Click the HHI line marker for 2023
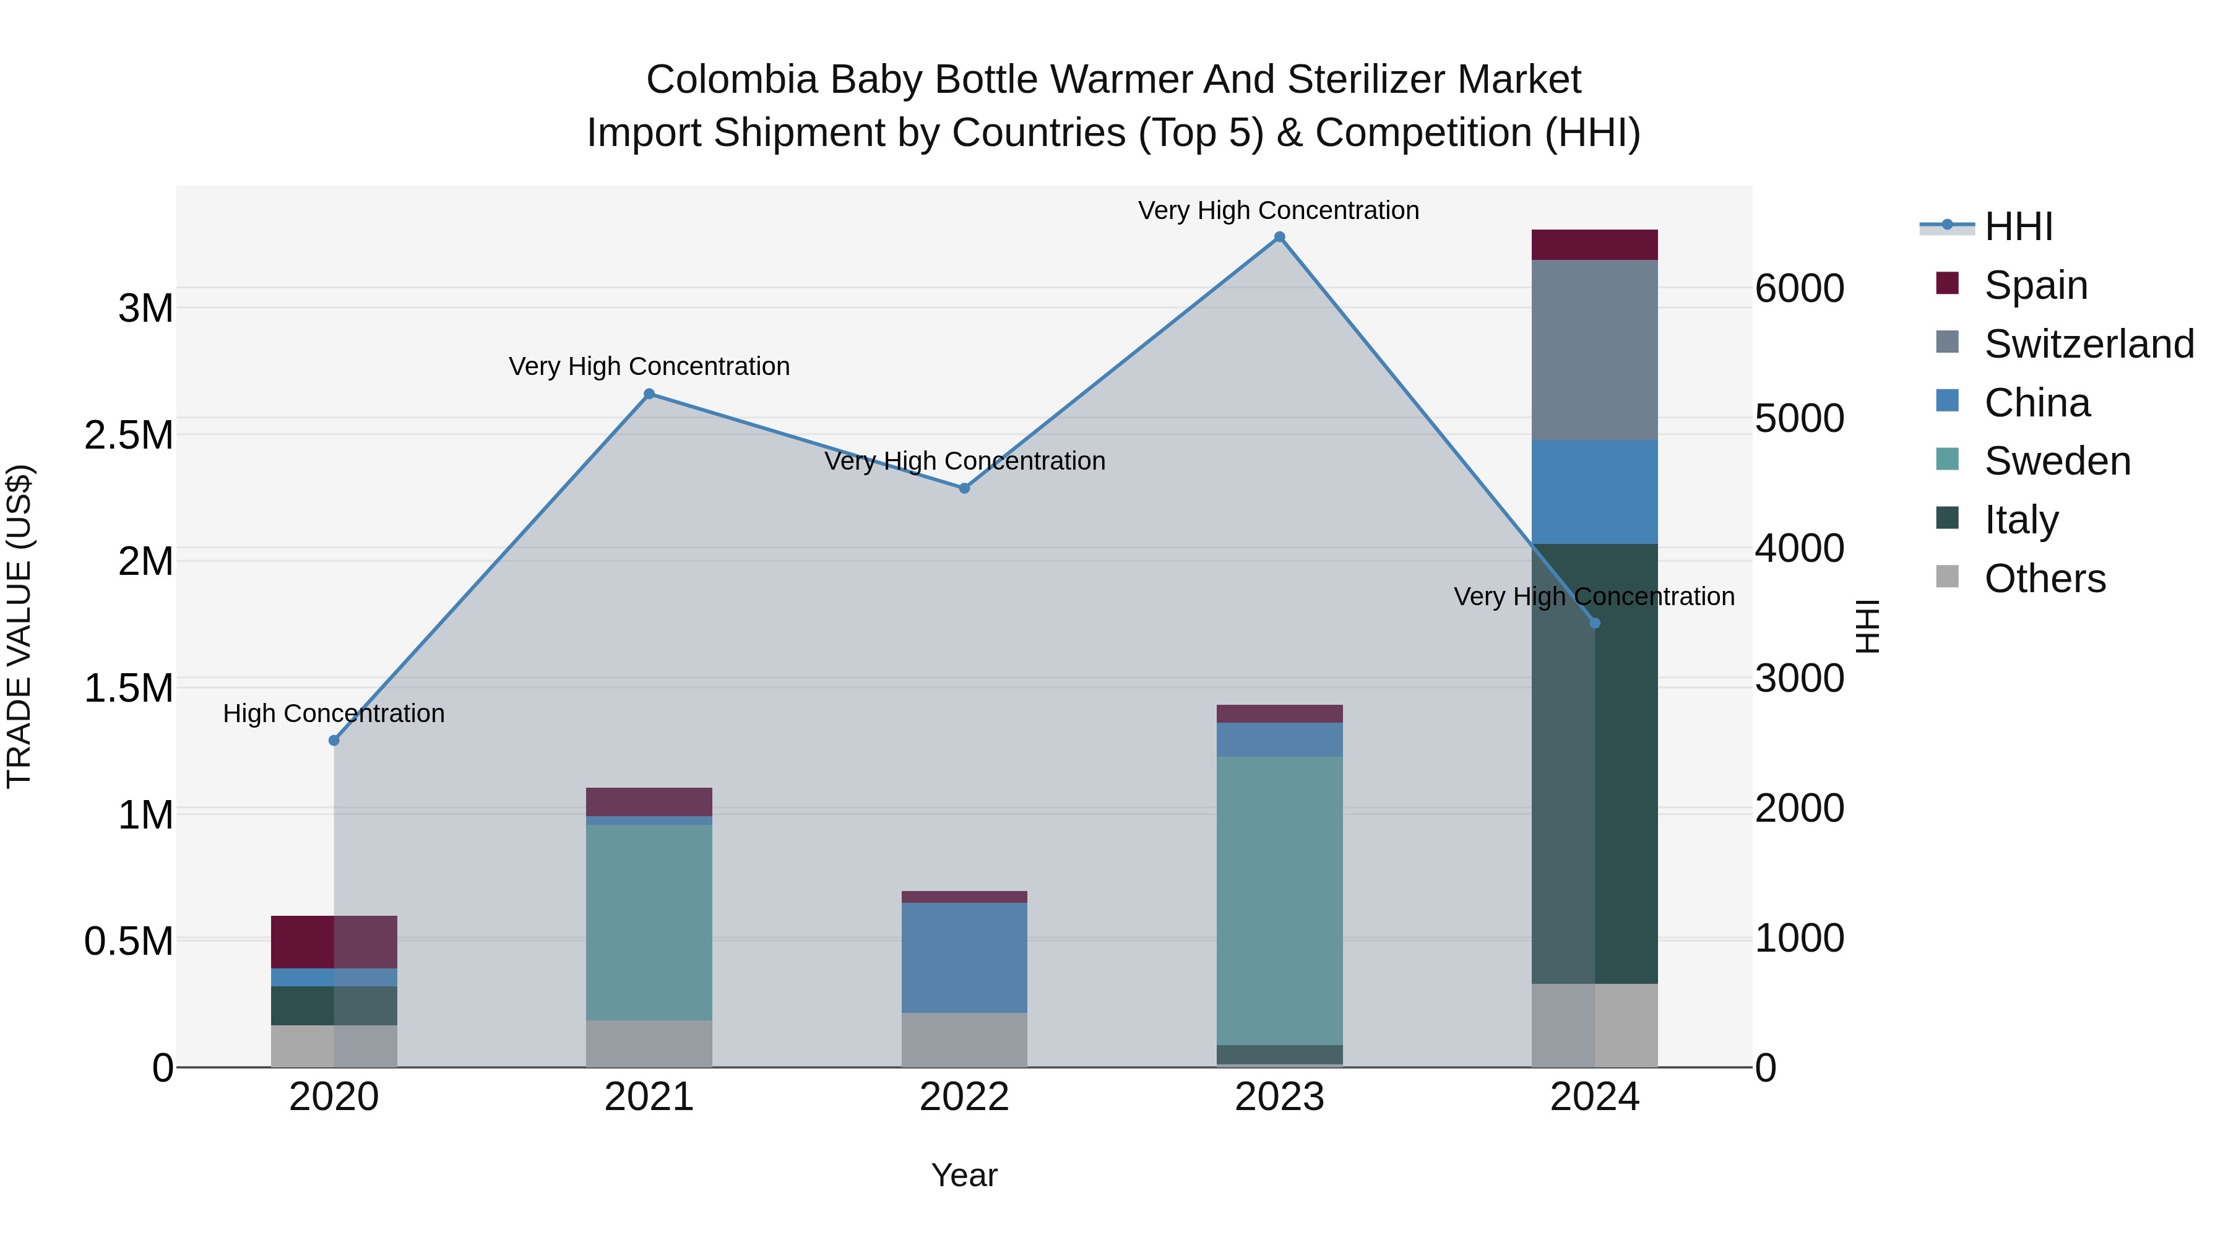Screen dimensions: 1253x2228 tap(1279, 237)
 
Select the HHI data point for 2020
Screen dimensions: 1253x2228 tap(334, 740)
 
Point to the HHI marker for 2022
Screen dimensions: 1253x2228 tap(964, 488)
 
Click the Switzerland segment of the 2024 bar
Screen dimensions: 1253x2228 tap(1594, 350)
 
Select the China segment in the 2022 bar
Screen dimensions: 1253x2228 tap(964, 957)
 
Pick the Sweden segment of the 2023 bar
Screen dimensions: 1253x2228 tap(1279, 900)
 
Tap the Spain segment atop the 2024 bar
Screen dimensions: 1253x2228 tap(1594, 244)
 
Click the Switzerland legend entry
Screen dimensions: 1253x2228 tap(2088, 344)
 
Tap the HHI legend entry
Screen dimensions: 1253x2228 tap(2017, 226)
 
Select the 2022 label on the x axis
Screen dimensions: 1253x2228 tap(964, 1097)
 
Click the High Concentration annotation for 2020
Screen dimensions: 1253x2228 tap(334, 713)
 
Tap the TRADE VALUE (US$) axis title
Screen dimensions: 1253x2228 tap(20, 626)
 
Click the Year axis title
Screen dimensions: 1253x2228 tap(964, 1175)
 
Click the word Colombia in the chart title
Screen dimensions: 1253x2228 tap(731, 80)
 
